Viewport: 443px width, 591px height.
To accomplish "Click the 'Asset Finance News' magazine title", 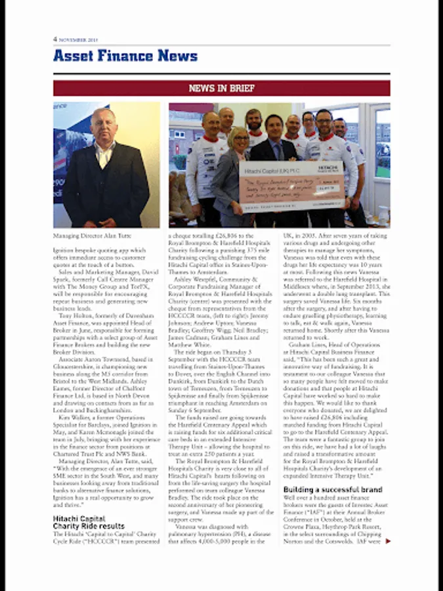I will click(125, 56).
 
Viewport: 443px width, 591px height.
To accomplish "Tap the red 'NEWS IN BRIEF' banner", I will click(221, 88).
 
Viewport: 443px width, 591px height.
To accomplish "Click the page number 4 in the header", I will click(55, 39).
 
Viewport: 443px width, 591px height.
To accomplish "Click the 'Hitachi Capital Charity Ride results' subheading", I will click(88, 523).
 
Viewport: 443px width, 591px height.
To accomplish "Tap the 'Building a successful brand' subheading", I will click(332, 490).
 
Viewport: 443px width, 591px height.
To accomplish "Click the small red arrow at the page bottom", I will click(388, 541).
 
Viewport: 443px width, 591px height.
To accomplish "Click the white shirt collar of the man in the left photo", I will click(104, 150).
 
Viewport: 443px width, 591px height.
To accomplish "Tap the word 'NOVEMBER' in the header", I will click(73, 39).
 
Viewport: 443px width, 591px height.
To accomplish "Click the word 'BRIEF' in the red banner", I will click(242, 88).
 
